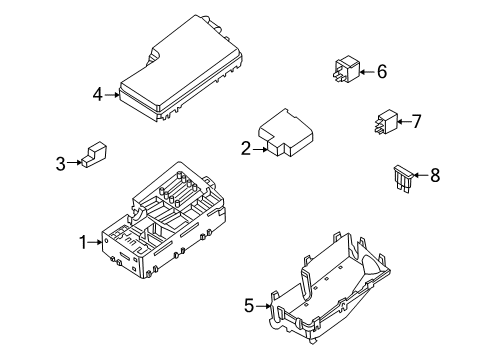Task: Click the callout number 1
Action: coord(84,241)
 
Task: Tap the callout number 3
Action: coord(60,162)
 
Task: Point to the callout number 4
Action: coord(98,95)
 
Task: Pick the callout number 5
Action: coord(249,307)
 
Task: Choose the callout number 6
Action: coord(380,71)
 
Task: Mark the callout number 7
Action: coord(416,122)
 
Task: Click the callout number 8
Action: coord(433,176)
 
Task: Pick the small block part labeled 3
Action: coord(95,156)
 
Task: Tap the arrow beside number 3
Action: coord(74,162)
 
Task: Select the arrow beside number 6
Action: coord(366,71)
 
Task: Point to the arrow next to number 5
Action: coord(264,307)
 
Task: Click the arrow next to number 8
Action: coord(420,177)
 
